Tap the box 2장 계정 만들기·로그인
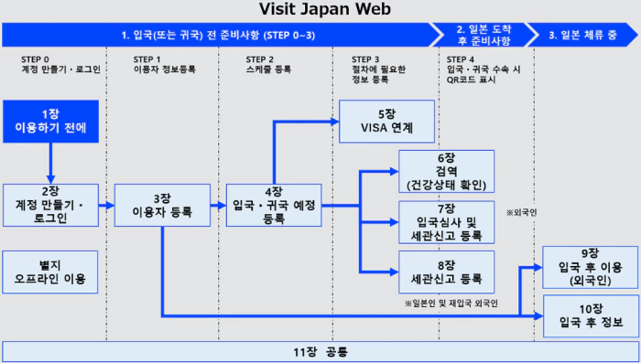coord(50,203)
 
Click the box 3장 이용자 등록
coord(162,203)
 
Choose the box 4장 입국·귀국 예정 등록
coord(274,203)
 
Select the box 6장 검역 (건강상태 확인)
coord(446,169)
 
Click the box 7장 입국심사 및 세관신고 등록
coord(446,220)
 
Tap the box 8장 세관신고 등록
coord(446,272)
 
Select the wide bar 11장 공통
coord(320,350)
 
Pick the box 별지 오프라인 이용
coord(50,272)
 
